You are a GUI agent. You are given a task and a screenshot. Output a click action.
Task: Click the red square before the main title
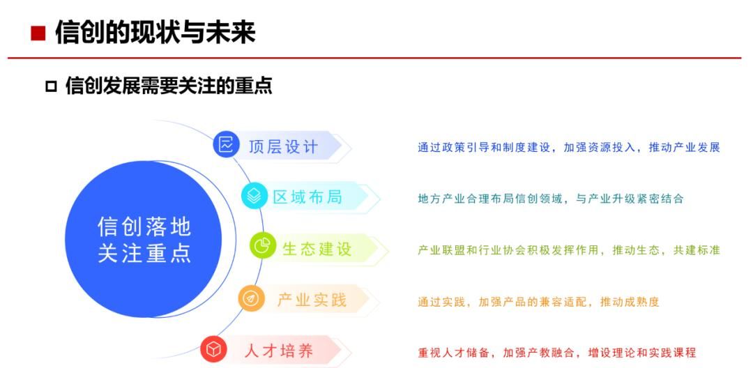(x=38, y=33)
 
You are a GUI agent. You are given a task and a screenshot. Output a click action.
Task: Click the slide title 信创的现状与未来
(x=155, y=32)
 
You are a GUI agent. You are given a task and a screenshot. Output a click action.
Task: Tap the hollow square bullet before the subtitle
(x=50, y=86)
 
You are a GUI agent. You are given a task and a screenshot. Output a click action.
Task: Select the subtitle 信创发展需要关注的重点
(x=168, y=86)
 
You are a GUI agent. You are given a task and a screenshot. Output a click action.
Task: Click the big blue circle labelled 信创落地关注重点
(x=144, y=239)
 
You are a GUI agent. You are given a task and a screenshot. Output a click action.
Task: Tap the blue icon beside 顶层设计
(x=226, y=145)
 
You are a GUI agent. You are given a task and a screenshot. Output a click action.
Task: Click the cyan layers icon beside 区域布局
(x=254, y=197)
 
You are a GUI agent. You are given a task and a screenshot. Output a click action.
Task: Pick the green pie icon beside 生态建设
(x=263, y=247)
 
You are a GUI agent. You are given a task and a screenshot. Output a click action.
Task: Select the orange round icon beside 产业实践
(x=251, y=298)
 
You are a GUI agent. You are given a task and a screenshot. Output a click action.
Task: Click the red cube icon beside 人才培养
(x=213, y=350)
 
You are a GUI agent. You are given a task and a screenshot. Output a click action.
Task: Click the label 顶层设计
(x=283, y=146)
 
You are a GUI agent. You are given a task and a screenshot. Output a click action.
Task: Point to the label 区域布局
(x=307, y=197)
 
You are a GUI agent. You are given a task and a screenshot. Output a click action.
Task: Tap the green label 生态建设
(x=317, y=248)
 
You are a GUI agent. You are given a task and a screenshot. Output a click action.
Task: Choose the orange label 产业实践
(x=312, y=300)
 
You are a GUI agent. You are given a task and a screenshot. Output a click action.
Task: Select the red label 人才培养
(x=279, y=351)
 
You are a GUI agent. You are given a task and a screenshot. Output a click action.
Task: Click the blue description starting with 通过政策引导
(x=568, y=147)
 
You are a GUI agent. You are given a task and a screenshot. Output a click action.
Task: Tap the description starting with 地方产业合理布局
(x=551, y=199)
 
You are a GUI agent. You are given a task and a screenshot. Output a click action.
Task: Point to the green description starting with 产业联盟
(x=568, y=250)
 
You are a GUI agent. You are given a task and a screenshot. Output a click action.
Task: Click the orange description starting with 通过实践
(x=538, y=302)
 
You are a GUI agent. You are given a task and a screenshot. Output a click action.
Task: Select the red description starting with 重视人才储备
(x=557, y=353)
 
